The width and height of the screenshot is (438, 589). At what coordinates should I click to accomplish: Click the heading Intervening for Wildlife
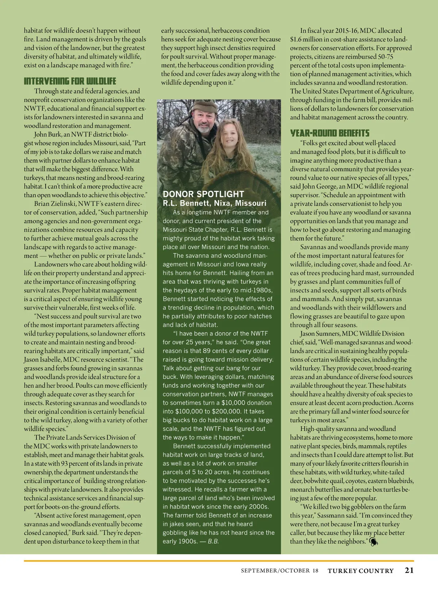point(70,81)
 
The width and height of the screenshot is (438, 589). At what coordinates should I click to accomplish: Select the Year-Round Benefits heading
point(330,133)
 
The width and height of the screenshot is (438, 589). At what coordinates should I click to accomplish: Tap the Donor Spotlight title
point(203,194)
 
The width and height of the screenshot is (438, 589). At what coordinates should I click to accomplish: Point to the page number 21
point(409,570)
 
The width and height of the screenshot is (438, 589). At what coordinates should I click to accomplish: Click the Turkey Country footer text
point(361,571)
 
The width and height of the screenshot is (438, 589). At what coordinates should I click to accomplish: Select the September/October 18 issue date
point(280,571)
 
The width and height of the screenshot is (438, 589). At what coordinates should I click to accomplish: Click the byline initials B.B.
point(213,542)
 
